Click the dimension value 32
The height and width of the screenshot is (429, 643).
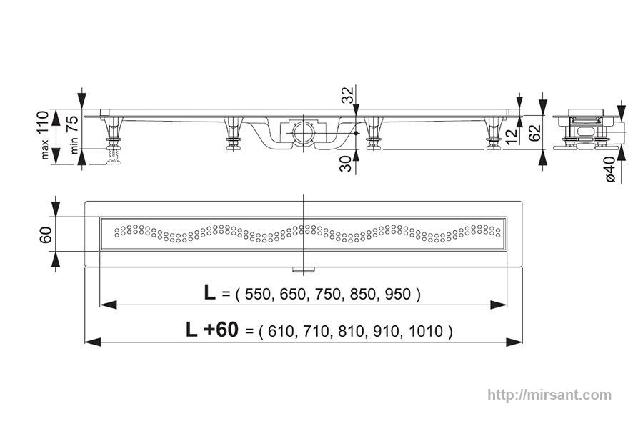pyautogui.click(x=347, y=95)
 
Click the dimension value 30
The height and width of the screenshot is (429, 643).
pyautogui.click(x=347, y=164)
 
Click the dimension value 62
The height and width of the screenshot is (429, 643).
pyautogui.click(x=534, y=132)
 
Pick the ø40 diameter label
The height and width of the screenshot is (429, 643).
pyautogui.click(x=610, y=169)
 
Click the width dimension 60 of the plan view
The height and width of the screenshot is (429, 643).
pyautogui.click(x=46, y=235)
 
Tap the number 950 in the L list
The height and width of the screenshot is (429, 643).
pyautogui.click(x=398, y=295)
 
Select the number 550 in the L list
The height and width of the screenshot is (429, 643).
pyautogui.click(x=257, y=295)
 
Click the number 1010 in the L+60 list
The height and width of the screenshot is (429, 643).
pyautogui.click(x=426, y=331)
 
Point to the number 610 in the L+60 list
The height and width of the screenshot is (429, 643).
pyautogui.click(x=281, y=331)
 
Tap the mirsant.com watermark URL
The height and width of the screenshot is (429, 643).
pyautogui.click(x=549, y=395)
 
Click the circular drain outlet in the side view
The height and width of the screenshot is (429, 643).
pyautogui.click(x=303, y=132)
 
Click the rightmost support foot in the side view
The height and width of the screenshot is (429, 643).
pyautogui.click(x=494, y=134)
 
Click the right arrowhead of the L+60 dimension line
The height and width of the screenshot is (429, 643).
pyautogui.click(x=514, y=342)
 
